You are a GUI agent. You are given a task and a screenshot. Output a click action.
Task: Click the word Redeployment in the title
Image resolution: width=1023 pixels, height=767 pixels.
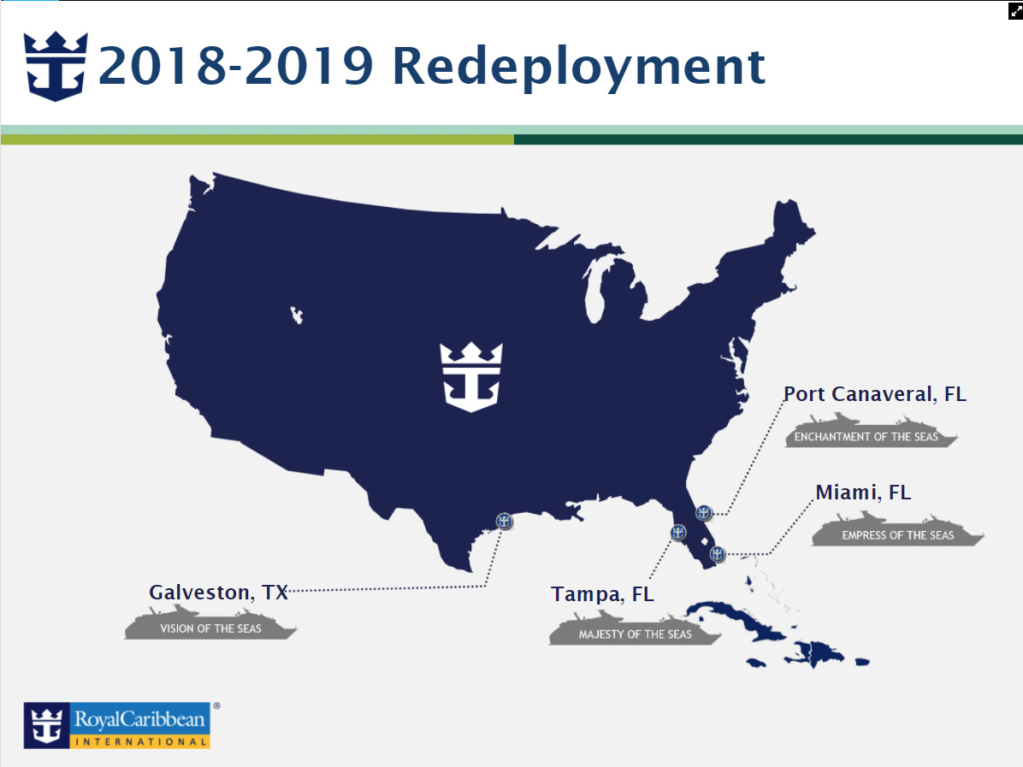pos(579,68)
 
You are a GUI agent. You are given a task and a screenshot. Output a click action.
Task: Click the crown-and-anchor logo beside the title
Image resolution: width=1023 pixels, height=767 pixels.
pos(56,66)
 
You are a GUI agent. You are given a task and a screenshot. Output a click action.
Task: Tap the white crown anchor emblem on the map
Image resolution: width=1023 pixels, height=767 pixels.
pos(471,377)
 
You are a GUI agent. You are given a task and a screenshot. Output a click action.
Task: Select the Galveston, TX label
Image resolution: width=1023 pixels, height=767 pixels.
pos(219,593)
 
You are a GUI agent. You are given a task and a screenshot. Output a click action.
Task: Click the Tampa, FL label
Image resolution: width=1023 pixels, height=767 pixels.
pos(602,595)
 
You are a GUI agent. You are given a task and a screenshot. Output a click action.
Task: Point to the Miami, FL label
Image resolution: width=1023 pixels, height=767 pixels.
pos(863,493)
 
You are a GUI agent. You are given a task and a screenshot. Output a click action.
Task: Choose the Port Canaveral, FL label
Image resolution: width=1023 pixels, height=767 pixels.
pos(875,394)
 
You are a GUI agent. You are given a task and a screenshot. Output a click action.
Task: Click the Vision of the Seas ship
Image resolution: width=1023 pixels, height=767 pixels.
pos(210,622)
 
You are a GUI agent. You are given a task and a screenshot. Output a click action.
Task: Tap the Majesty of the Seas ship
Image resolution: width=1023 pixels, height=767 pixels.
pos(635,628)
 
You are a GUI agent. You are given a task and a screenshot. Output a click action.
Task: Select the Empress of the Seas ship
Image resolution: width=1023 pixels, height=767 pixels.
pos(898,529)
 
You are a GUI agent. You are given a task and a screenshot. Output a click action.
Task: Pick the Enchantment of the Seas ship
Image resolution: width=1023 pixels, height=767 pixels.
pos(871,430)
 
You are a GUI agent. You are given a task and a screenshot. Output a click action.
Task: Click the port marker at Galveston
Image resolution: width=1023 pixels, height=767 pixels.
pos(504,521)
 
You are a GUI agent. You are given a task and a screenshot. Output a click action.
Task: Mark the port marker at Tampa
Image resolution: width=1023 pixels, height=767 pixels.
pos(678,533)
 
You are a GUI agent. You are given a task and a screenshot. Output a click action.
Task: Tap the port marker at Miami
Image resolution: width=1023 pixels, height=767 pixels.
pos(717,554)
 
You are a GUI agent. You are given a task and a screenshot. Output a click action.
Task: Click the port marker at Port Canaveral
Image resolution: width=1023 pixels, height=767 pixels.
pos(703,513)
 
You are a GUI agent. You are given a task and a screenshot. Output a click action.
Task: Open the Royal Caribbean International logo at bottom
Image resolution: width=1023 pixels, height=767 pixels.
pos(117,725)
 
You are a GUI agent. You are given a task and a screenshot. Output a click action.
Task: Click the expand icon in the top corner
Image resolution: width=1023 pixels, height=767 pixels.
pos(1015,11)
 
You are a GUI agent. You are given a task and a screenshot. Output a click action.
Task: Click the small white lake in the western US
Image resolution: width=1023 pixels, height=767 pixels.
pos(297,315)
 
